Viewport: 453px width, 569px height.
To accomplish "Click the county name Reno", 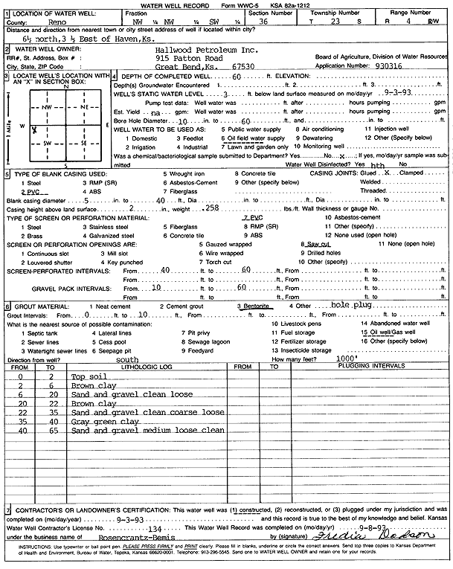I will pos(80,23).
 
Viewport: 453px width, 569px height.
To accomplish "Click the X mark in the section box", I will pos(34,129).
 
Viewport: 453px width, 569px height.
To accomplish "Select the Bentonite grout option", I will pos(256,306).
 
